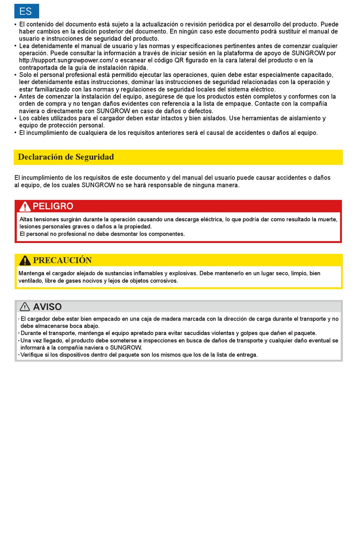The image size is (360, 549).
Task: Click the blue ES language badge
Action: [x=27, y=11]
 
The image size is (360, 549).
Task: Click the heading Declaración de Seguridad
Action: [x=66, y=157]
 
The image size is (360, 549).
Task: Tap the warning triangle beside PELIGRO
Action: [x=25, y=206]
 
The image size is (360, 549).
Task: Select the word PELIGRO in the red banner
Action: [x=53, y=206]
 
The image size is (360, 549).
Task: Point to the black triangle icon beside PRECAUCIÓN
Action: [x=25, y=260]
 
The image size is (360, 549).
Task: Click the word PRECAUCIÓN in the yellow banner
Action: [x=62, y=260]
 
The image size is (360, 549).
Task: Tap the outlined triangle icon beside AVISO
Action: [x=25, y=307]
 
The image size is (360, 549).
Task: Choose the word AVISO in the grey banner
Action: [x=47, y=307]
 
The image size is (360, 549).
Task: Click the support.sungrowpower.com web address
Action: [x=66, y=60]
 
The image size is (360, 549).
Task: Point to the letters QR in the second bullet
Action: [x=179, y=60]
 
